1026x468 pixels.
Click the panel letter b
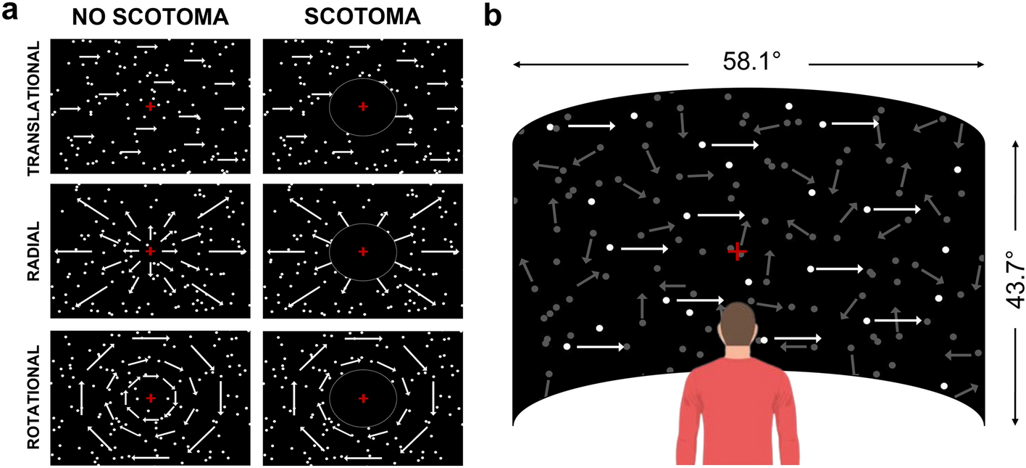pos(493,14)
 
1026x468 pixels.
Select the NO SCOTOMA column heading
pos(150,17)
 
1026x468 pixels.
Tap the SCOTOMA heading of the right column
pos(362,17)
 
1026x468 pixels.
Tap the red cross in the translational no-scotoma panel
pos(150,107)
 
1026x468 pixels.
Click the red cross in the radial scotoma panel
pos(363,251)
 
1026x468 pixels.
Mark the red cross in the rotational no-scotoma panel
pos(150,398)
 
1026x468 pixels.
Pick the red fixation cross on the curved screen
pos(737,252)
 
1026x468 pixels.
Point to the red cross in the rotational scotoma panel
pos(363,398)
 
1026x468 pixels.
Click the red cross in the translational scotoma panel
pos(363,107)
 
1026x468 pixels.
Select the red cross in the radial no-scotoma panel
pos(150,251)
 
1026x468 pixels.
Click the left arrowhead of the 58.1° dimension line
pos(516,65)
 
